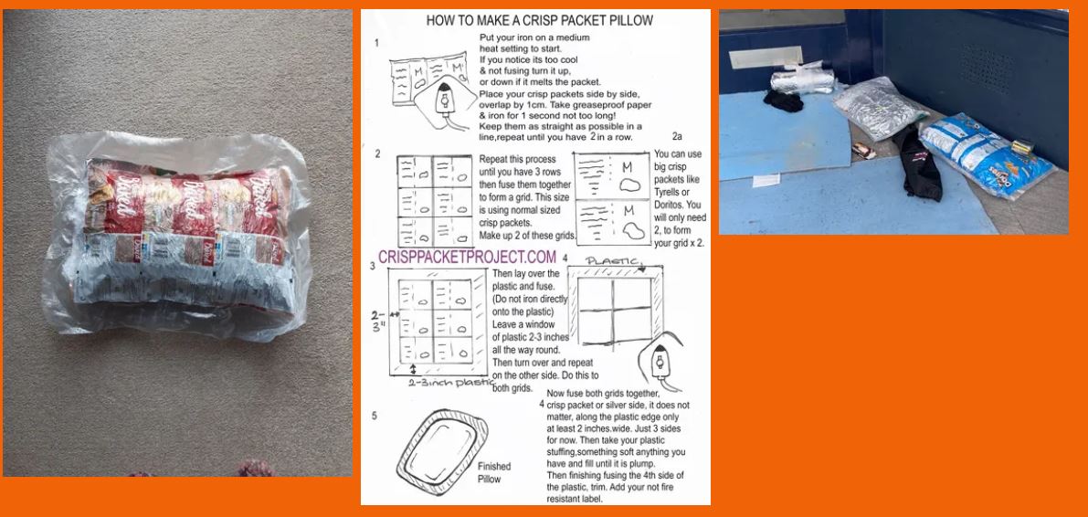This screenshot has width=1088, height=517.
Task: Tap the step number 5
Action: tap(373, 416)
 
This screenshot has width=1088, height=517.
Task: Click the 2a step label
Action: tap(677, 136)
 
